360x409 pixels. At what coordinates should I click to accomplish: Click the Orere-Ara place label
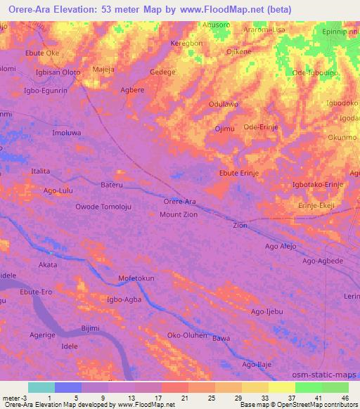[180, 202]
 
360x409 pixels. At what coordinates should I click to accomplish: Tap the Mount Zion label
[179, 214]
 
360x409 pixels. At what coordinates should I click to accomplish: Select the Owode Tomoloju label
[103, 207]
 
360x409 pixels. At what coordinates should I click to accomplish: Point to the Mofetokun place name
[136, 278]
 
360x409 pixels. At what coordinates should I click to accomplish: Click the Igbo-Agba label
[124, 299]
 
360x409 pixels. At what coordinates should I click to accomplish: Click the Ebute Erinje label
[240, 173]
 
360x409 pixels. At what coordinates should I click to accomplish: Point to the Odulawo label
[224, 104]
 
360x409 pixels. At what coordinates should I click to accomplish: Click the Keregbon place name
[186, 43]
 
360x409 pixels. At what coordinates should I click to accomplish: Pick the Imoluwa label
[67, 132]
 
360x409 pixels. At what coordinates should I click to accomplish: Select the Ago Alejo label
[281, 246]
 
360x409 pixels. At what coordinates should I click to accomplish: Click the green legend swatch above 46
[335, 387]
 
